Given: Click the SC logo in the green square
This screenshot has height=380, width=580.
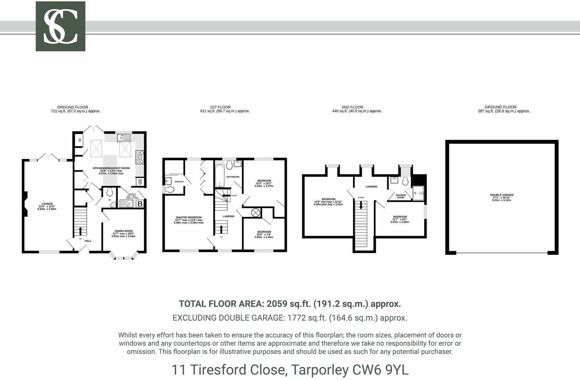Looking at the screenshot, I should click(60, 26).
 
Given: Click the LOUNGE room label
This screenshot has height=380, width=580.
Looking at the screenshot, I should click(47, 204).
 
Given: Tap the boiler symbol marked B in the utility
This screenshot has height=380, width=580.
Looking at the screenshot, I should click(140, 204).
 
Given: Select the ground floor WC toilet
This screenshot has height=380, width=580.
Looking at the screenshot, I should click(110, 192).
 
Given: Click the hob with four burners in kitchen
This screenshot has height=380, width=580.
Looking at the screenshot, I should click(139, 157).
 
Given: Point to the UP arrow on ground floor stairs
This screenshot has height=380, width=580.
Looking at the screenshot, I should click(80, 231).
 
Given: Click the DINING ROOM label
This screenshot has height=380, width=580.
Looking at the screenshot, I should click(124, 231).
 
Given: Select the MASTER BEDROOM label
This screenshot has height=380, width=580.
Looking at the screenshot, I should click(188, 218).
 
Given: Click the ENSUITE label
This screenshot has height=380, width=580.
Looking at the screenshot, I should click(179, 182).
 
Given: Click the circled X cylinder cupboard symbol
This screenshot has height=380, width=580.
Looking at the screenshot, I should click(255, 213).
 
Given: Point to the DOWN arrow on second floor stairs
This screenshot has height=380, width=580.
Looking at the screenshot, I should click(361, 205).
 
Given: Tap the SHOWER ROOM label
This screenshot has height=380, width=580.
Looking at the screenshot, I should click(401, 196).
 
